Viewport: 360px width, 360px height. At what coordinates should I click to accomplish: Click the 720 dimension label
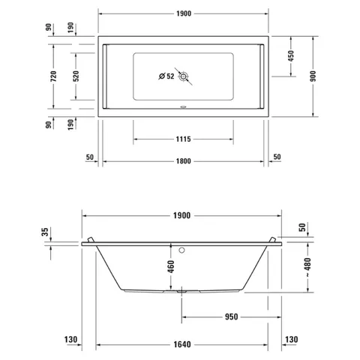pos(53,76)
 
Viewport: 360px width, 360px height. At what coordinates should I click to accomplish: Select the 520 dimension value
pos(76,76)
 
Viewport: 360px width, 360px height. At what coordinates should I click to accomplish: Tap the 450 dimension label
pos(291,56)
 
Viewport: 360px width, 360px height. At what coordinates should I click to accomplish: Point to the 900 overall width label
pos(313,76)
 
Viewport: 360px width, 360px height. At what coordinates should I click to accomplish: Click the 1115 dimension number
pos(183,139)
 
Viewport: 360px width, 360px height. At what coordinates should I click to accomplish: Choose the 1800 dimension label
pos(183,161)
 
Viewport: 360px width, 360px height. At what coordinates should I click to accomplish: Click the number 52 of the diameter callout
pos(170,76)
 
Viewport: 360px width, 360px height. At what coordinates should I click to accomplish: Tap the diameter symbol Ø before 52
pos(162,76)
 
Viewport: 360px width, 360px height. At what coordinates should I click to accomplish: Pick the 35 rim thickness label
pos(45,232)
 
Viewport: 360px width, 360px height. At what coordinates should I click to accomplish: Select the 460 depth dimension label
pos(171,266)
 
